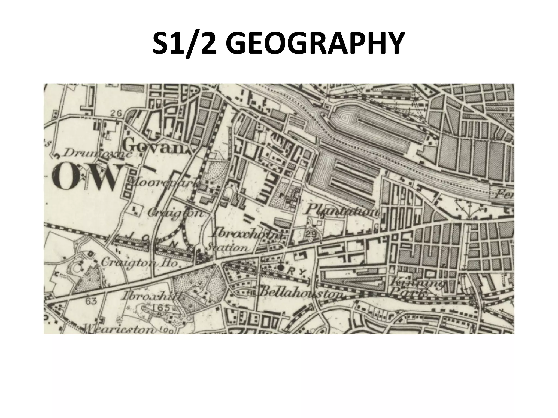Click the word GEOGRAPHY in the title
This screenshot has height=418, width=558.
313,44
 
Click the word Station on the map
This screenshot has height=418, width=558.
228,248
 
